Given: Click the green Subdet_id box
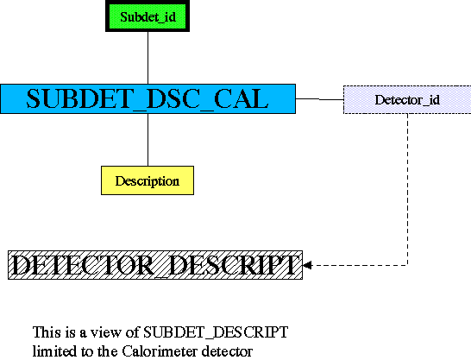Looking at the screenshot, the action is click(148, 16).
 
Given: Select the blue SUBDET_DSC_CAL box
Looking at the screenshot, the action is click(148, 99).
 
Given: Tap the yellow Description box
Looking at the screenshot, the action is click(148, 180).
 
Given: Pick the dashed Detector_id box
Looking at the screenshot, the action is click(407, 100).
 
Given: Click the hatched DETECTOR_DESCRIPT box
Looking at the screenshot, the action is click(155, 265).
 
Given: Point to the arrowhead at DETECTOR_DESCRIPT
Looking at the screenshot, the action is click(307, 265).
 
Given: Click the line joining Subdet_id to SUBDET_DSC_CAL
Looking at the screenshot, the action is click(148, 58).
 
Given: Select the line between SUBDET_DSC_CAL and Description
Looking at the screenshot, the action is click(148, 140).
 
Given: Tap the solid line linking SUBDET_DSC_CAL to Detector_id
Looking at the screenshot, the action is click(319, 99).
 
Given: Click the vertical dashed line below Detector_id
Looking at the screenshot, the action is click(408, 189).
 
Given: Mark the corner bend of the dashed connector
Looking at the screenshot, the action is click(408, 265).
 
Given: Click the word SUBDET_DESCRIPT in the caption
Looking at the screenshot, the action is click(216, 332).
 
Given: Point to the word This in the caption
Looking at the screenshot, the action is click(47, 332).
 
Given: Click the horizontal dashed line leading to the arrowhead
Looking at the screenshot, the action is click(360, 265).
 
